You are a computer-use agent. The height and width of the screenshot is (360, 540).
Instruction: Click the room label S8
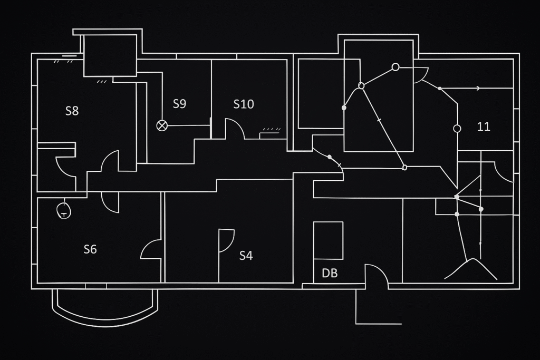click(72, 111)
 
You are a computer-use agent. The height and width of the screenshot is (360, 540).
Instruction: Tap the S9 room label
click(179, 104)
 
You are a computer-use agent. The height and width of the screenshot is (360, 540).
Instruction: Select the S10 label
click(244, 104)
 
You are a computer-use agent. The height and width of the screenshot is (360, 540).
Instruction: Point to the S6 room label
click(90, 249)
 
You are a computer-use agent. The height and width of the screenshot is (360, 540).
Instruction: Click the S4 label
click(246, 256)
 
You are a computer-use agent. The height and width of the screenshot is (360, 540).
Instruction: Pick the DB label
click(330, 273)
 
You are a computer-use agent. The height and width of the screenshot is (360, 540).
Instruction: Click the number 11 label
click(484, 127)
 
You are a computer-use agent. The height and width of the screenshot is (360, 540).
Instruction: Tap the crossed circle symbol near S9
click(162, 125)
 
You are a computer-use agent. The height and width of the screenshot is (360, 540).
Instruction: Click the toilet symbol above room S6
click(63, 210)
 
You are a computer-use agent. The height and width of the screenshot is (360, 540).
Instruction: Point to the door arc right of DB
click(377, 274)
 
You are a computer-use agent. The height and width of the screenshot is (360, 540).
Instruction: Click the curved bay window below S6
click(105, 312)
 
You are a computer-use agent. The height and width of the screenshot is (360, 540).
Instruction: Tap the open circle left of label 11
click(457, 129)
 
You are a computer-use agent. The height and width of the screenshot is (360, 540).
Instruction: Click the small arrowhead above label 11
click(478, 89)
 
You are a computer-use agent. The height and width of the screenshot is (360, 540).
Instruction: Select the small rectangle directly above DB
click(328, 240)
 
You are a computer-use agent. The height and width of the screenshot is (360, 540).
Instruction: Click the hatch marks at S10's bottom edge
click(271, 129)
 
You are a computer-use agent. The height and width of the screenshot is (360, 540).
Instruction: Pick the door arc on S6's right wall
click(151, 250)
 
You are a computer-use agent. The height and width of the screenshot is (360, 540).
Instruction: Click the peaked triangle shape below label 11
click(471, 268)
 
